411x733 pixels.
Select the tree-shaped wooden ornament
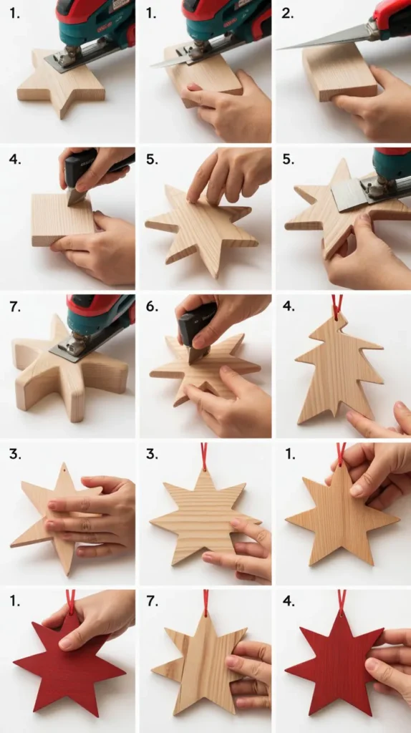coord(338,372)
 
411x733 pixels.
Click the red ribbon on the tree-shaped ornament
coord(337,306)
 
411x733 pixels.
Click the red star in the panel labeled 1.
coord(68,666)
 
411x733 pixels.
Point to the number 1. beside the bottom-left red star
coord(14,601)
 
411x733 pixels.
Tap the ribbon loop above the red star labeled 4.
coord(342,600)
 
